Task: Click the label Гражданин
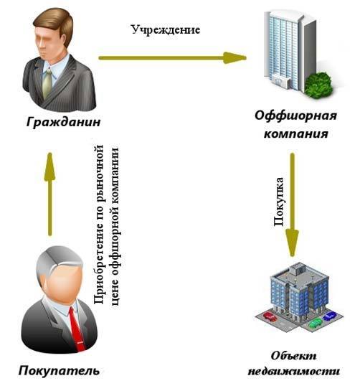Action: (x=64, y=122)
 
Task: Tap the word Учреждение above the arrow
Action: (x=166, y=30)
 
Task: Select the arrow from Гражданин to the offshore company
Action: (x=172, y=58)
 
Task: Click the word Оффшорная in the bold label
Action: (x=296, y=116)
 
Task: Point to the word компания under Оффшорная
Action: (x=296, y=134)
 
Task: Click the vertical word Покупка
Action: (x=279, y=202)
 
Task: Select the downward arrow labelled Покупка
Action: (x=292, y=204)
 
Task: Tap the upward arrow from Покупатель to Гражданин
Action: (x=50, y=194)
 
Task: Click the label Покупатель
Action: (x=59, y=371)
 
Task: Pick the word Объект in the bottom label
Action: (x=293, y=356)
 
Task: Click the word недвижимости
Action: (x=293, y=371)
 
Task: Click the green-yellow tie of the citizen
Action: (x=47, y=83)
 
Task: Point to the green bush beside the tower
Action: (x=318, y=85)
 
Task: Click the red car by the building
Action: (x=270, y=316)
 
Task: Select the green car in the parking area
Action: (x=316, y=323)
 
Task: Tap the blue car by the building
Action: (x=330, y=316)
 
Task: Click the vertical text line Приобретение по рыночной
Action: (x=99, y=225)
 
